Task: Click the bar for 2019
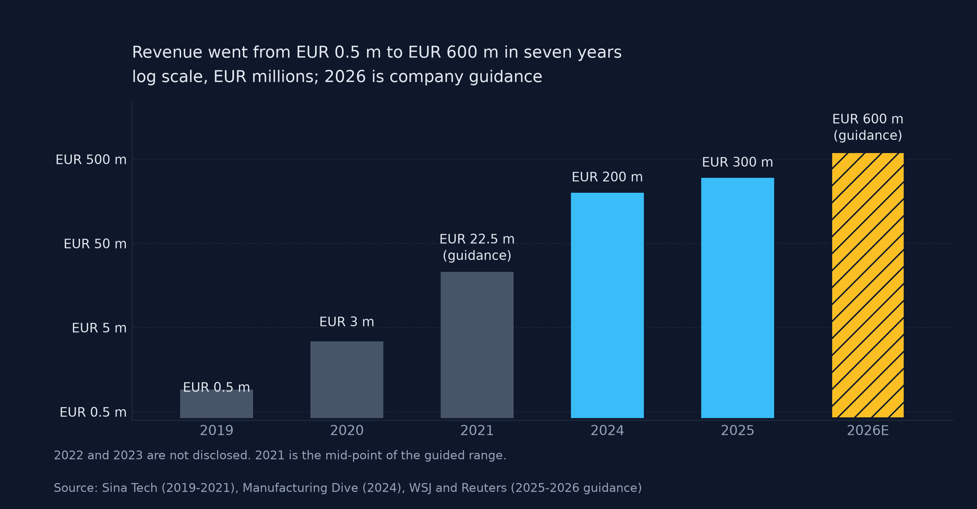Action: [216, 404]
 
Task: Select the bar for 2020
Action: [347, 380]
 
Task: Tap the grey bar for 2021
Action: [477, 345]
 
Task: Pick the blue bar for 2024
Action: [607, 305]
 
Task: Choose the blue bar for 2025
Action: [738, 298]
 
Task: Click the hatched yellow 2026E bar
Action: [868, 285]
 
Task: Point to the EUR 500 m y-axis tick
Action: [91, 160]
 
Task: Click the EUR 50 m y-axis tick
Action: [95, 244]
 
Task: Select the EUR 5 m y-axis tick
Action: [99, 328]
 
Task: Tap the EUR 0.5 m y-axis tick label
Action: [93, 412]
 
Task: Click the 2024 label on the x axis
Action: [607, 431]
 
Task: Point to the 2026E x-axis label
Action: [868, 431]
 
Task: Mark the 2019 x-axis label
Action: [216, 431]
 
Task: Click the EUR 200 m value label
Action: [607, 177]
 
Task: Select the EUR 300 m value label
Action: [738, 162]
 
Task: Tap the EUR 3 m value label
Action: [347, 322]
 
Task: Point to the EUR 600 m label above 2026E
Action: [868, 119]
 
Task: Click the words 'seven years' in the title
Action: [573, 52]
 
